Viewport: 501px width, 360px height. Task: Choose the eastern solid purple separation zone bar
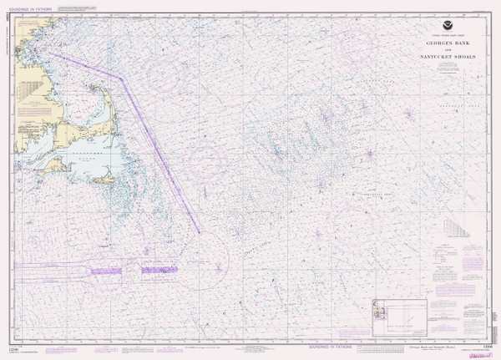pyautogui.click(x=159, y=269)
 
